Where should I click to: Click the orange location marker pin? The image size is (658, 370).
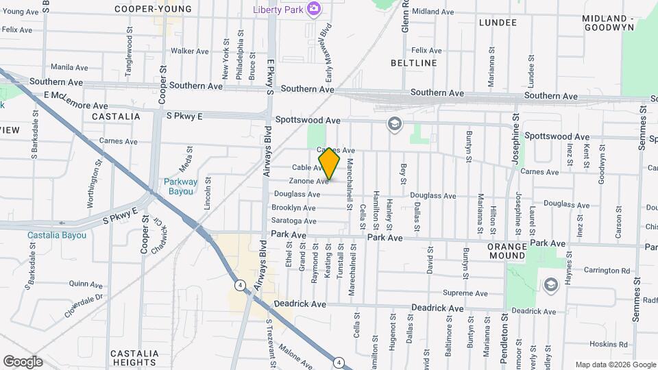tap(329, 164)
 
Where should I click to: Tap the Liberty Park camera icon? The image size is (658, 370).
tap(314, 9)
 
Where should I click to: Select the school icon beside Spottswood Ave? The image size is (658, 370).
tap(394, 124)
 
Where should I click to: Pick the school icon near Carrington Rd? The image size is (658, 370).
tap(551, 284)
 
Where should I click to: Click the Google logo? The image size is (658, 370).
tap(23, 362)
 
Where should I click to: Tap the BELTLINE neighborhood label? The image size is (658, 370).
tap(413, 63)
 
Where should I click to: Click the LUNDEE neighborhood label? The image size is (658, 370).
tap(498, 23)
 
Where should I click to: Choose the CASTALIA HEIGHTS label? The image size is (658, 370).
tap(134, 358)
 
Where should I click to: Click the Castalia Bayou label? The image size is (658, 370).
tap(57, 235)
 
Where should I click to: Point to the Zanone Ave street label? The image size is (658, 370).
tap(308, 181)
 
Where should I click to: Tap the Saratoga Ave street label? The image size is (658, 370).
tap(294, 221)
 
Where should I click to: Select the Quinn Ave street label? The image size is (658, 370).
tap(86, 283)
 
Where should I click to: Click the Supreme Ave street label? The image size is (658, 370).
tap(464, 293)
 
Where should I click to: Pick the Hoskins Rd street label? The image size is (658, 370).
tap(589, 344)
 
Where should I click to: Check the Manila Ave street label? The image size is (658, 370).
tap(69, 68)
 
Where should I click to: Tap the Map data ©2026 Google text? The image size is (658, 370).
tap(615, 365)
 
